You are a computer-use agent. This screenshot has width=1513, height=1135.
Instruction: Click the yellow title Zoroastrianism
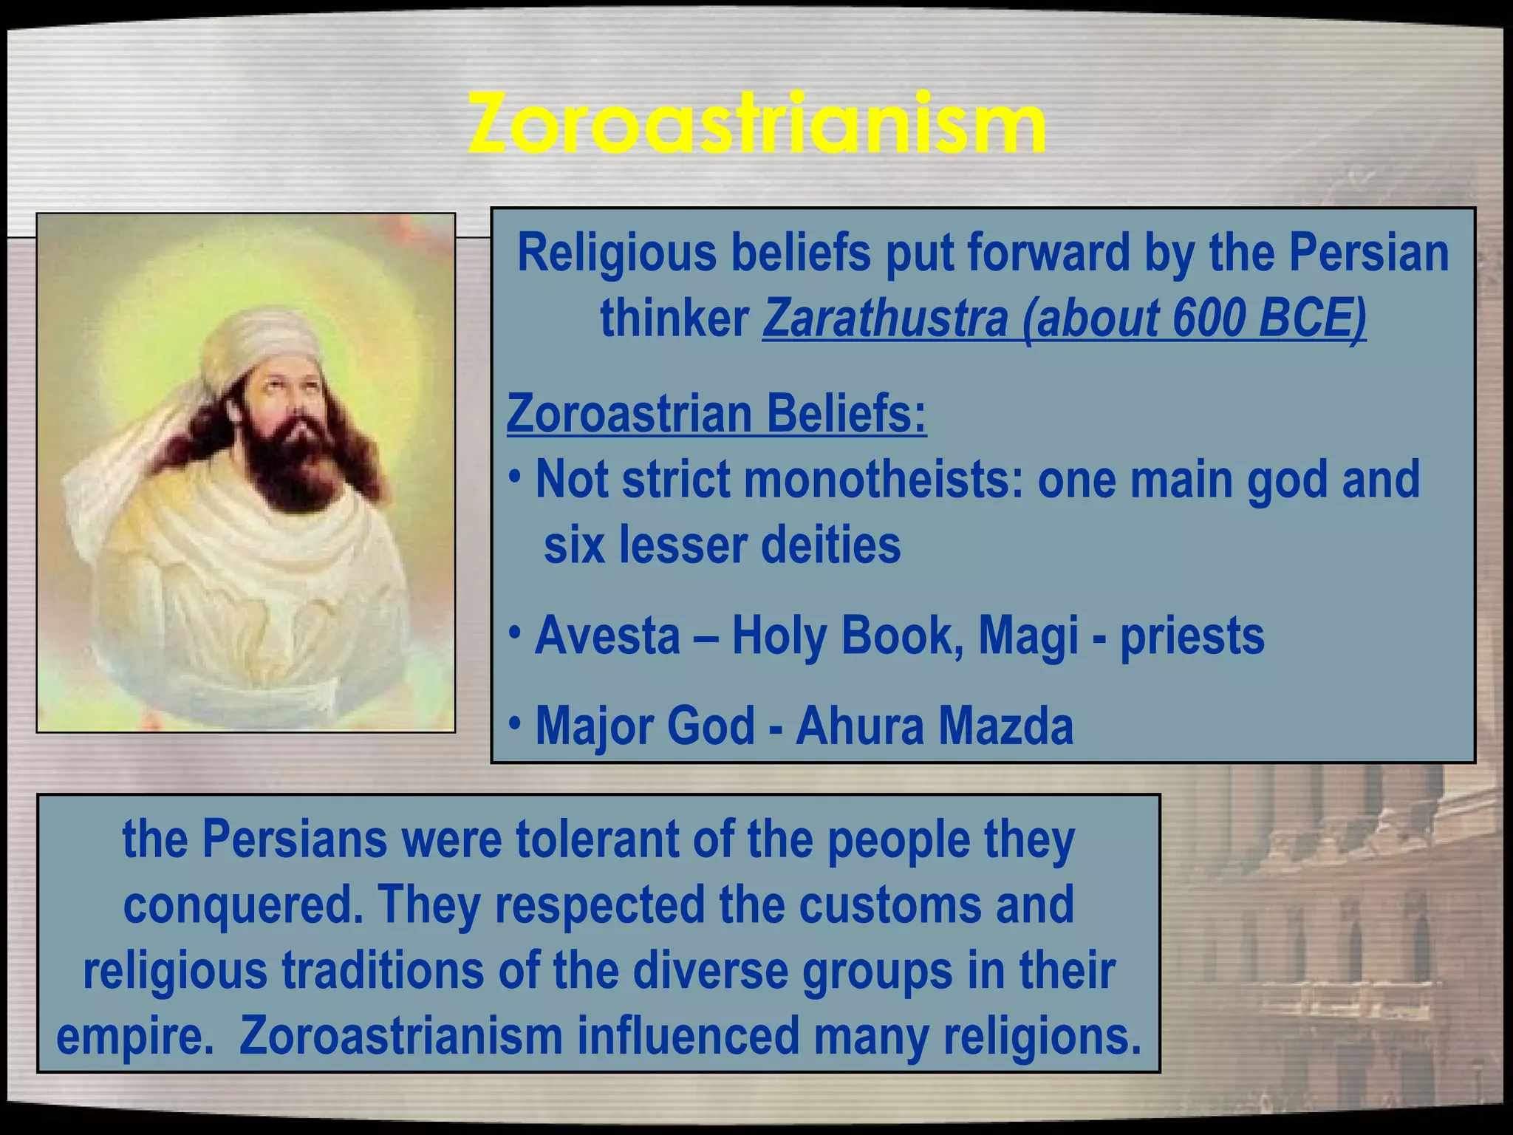(x=756, y=123)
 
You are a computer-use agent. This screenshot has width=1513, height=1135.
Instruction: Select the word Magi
(x=1028, y=637)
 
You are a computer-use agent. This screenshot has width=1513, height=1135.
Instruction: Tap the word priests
(x=1192, y=637)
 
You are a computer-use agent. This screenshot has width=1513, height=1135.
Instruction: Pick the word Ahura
(x=858, y=726)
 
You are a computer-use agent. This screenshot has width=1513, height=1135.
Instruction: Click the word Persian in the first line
(x=1369, y=253)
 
